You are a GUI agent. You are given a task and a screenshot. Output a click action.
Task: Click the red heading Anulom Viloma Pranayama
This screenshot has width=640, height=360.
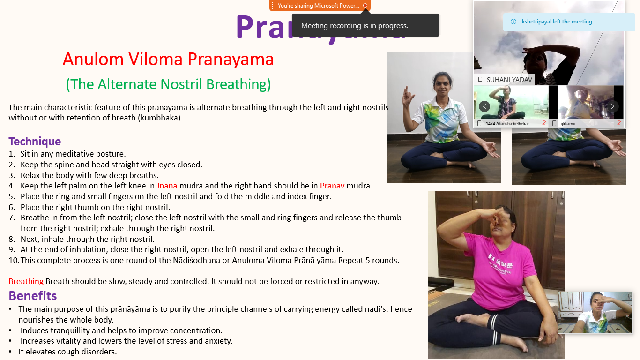coord(168,60)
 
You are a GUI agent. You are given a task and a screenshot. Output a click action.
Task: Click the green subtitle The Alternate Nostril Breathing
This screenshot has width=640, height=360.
coord(168,84)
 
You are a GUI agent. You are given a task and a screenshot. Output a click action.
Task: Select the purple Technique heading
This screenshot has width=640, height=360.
coord(35,141)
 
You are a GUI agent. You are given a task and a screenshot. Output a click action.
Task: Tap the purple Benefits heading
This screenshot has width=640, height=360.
coord(33,295)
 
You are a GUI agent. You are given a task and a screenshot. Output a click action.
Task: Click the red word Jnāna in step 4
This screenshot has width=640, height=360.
coord(167,186)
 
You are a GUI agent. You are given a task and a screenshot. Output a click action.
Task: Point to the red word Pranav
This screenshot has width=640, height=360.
coord(332,186)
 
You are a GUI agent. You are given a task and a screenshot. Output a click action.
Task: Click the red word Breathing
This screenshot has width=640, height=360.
coord(26,281)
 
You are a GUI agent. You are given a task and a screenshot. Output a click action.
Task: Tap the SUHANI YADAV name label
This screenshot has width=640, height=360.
coord(509,80)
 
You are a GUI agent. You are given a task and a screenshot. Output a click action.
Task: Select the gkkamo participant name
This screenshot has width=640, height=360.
coord(568,123)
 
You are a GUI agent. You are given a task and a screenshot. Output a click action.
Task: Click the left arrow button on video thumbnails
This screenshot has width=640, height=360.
coord(484,106)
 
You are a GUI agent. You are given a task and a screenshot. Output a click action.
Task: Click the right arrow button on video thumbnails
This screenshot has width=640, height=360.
coord(613,106)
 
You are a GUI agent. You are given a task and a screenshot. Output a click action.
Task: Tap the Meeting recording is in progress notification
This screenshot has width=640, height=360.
coord(355,26)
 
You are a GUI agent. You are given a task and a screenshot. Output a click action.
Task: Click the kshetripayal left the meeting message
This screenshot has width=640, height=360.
coord(558,22)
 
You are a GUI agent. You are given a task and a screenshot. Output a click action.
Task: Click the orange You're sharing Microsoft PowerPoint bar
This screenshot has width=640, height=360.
coord(319,6)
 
